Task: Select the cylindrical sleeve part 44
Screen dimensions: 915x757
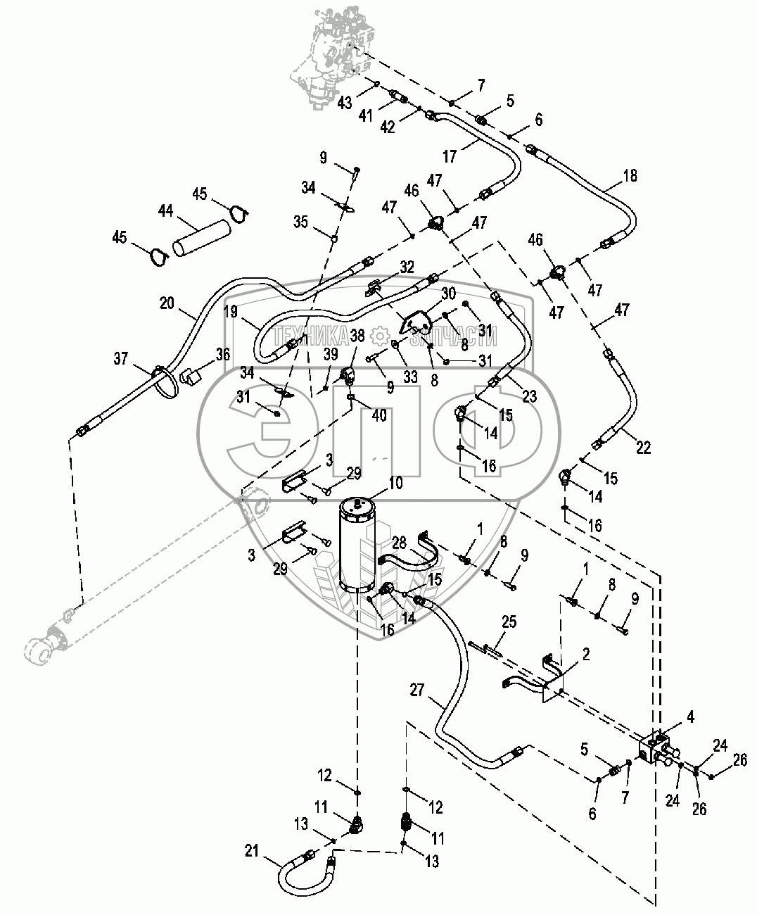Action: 203,239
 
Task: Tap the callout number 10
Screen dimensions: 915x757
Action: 395,483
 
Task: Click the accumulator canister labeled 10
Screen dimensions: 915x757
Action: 358,545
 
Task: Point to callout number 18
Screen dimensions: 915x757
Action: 630,176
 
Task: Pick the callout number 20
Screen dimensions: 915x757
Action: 167,303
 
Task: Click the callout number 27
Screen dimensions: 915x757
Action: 417,690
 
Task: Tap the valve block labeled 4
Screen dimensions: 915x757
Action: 659,750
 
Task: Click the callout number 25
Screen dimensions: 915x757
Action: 509,621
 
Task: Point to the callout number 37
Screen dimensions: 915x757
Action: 120,359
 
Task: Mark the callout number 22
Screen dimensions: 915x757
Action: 643,447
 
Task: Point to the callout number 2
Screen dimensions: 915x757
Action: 587,654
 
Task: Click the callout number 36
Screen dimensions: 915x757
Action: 223,355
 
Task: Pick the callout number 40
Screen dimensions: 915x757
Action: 379,416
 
